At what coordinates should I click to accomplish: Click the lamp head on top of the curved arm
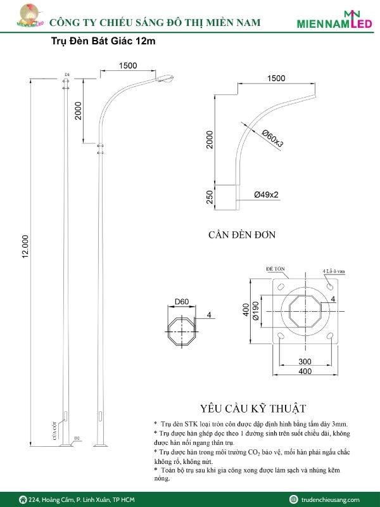166,78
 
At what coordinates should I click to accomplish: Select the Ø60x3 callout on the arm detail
273,139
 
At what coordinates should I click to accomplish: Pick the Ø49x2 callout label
267,195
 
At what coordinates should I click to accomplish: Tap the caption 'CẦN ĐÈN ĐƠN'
242,234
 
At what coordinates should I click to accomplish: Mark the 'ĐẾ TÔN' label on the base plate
274,269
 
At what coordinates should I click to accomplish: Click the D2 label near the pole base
77,438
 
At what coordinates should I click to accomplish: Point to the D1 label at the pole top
66,75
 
